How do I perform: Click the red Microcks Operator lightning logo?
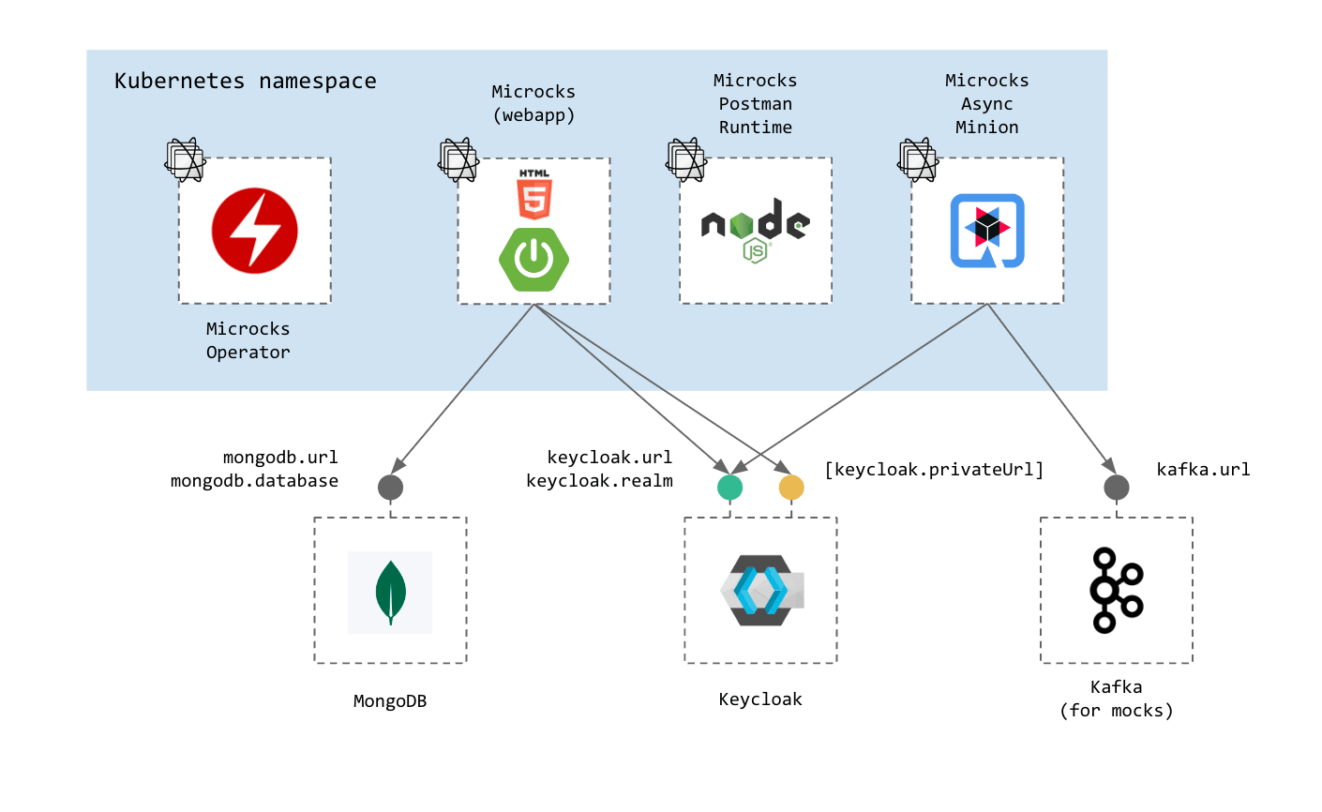[x=255, y=231]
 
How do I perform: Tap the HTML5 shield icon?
[x=534, y=195]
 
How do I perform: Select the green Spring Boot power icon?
[x=534, y=259]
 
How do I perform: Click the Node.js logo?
[x=756, y=229]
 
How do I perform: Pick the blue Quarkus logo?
[x=987, y=231]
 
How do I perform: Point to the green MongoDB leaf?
[x=390, y=593]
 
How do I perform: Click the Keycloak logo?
[x=761, y=591]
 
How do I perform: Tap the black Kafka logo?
[x=1116, y=590]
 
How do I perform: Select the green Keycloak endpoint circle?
[x=729, y=488]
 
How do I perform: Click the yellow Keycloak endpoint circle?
[x=791, y=488]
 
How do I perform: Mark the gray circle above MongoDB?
[x=390, y=488]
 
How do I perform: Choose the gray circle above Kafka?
[x=1116, y=488]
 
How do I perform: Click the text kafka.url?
[x=1203, y=470]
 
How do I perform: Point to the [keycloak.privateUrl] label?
[x=934, y=470]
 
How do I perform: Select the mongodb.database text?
[x=254, y=481]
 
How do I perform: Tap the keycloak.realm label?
[x=599, y=481]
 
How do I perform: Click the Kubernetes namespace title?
[x=246, y=82]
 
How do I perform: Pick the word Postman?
[x=756, y=104]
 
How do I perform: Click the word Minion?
[x=987, y=128]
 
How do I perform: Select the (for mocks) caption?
[x=1116, y=711]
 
